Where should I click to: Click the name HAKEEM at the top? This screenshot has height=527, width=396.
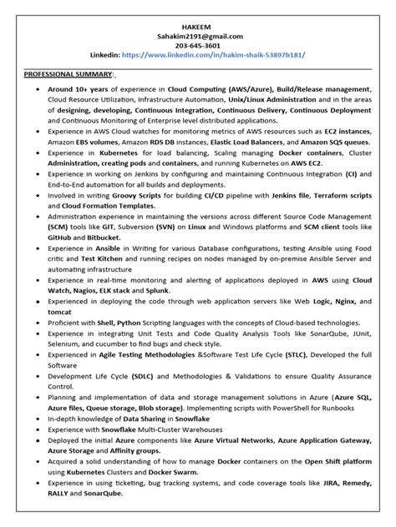pyautogui.click(x=198, y=25)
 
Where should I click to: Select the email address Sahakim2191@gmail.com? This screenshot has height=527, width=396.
pyautogui.click(x=198, y=36)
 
